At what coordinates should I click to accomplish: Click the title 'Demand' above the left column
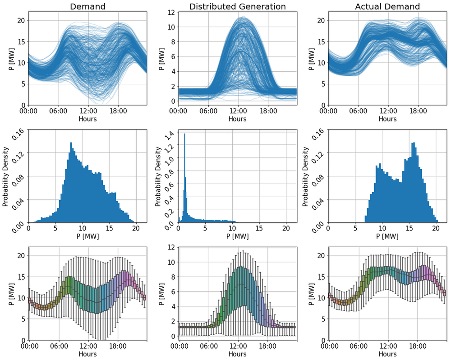pos(87,6)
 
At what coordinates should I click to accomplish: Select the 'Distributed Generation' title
pos(237,6)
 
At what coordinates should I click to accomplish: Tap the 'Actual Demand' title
pos(387,6)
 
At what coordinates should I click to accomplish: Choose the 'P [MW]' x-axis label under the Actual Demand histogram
pos(387,236)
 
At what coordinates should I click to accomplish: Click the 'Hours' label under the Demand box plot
pos(87,354)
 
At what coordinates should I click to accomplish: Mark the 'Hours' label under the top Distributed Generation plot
pos(237,119)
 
